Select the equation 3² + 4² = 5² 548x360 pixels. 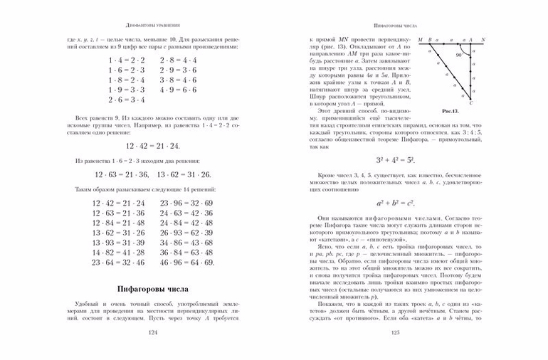pyautogui.click(x=395, y=161)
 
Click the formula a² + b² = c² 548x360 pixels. pyautogui.click(x=395, y=203)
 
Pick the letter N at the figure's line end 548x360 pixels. pyautogui.click(x=484, y=40)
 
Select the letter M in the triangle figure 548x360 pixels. pyautogui.click(x=421, y=40)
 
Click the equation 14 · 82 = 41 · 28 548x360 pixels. pyautogui.click(x=119, y=253)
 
